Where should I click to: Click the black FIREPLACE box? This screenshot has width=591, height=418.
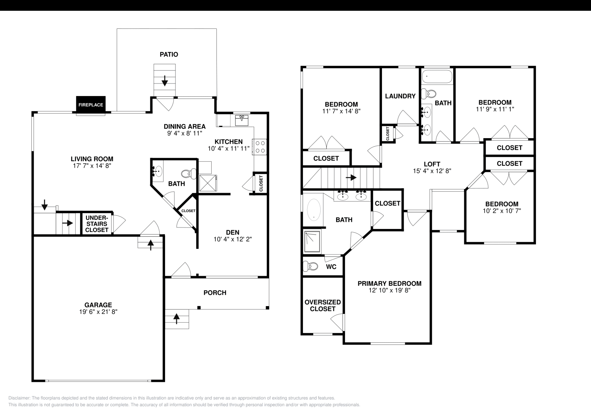tap(90, 105)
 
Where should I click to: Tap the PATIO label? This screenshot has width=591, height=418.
tap(169, 55)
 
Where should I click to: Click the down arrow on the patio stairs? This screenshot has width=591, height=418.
tap(165, 81)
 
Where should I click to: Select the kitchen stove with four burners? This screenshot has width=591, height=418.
tap(259, 146)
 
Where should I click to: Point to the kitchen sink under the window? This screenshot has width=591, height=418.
tap(242, 120)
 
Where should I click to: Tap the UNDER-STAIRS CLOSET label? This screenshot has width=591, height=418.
tap(96, 224)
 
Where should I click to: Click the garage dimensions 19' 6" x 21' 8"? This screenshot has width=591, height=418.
tap(98, 312)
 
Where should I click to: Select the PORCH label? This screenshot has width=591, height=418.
tap(215, 293)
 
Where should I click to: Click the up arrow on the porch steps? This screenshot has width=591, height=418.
tap(177, 318)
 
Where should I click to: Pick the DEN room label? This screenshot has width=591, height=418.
tap(233, 232)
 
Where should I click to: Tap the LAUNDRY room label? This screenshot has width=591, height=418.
tap(400, 96)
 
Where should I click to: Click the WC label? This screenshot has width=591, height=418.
tap(331, 267)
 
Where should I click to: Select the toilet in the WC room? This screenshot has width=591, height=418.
tap(311, 266)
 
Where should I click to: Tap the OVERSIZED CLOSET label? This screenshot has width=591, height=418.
tap(322, 305)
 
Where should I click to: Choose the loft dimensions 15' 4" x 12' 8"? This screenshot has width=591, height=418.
tap(432, 171)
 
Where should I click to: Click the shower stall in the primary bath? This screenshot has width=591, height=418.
tap(312, 241)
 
